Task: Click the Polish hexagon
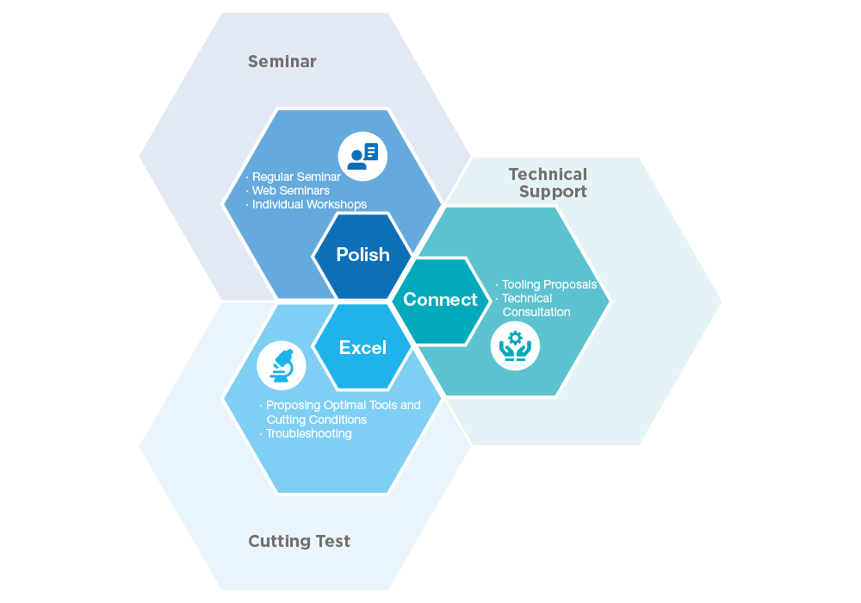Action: click(362, 255)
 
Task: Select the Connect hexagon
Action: click(440, 300)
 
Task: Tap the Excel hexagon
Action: click(362, 347)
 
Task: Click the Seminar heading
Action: click(282, 61)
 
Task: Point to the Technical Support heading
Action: click(548, 183)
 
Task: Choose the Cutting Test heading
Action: click(299, 541)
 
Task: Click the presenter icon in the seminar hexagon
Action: click(362, 156)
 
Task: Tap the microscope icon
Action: click(282, 366)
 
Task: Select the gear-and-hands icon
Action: click(515, 345)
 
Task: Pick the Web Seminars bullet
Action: click(290, 190)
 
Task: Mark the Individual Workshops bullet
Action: click(309, 204)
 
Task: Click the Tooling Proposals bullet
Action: click(548, 284)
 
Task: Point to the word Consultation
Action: click(536, 312)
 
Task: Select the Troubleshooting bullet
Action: click(308, 433)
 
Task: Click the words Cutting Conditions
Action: click(317, 420)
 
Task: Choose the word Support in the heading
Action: click(553, 192)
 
